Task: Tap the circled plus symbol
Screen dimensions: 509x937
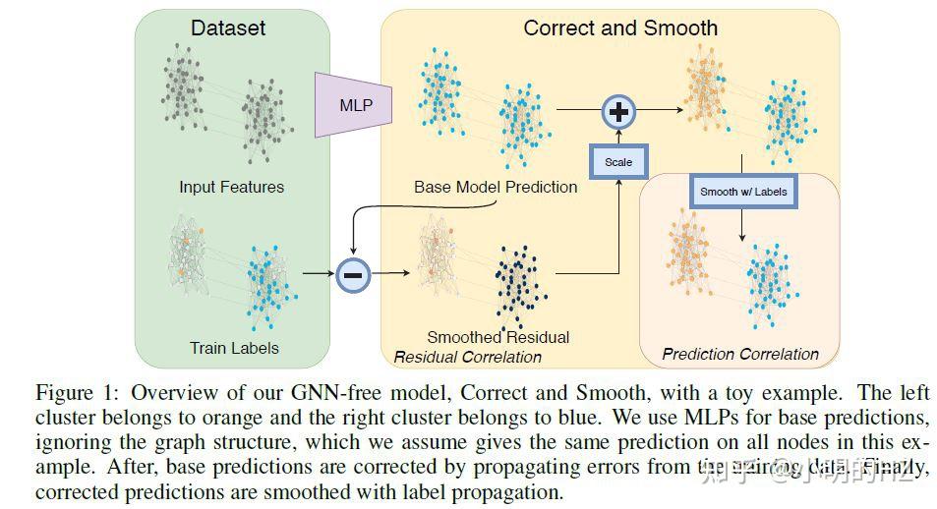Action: pos(618,113)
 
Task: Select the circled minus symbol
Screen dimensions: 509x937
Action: pos(354,275)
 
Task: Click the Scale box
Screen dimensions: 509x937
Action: pos(618,161)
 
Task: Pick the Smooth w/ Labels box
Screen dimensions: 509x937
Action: pos(743,191)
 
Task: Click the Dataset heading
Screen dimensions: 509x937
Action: pos(228,28)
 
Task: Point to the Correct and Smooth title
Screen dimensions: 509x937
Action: pos(620,28)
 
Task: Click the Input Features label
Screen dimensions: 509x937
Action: pos(231,187)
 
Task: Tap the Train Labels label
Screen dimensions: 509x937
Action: pos(234,347)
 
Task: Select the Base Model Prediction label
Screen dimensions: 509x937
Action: pos(496,187)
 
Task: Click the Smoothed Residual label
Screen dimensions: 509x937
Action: pos(498,337)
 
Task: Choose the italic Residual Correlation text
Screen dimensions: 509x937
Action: pos(468,357)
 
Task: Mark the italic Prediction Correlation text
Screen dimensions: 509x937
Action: pos(740,354)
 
